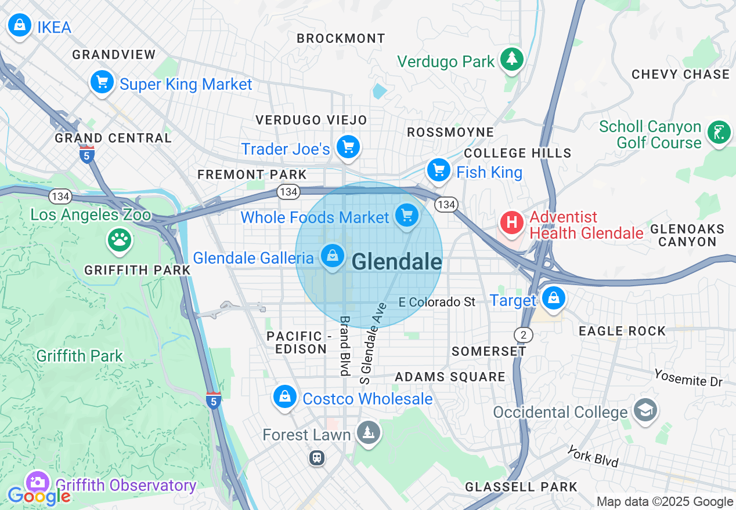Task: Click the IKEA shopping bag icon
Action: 20,25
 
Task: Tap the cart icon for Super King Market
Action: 103,82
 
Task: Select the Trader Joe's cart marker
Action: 348,147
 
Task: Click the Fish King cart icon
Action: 439,170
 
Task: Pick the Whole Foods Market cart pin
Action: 407,216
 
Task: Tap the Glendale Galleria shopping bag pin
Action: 333,256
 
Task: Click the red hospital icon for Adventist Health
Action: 512,223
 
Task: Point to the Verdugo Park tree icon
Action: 512,59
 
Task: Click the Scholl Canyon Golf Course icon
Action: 719,133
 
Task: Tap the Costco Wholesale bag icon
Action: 285,398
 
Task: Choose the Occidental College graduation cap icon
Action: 645,410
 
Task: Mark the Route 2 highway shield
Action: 523,334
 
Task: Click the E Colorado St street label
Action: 438,302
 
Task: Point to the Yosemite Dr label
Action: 688,377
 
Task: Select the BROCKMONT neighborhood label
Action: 341,38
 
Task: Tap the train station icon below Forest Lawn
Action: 316,458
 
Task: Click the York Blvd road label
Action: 593,456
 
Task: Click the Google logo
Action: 39,496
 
